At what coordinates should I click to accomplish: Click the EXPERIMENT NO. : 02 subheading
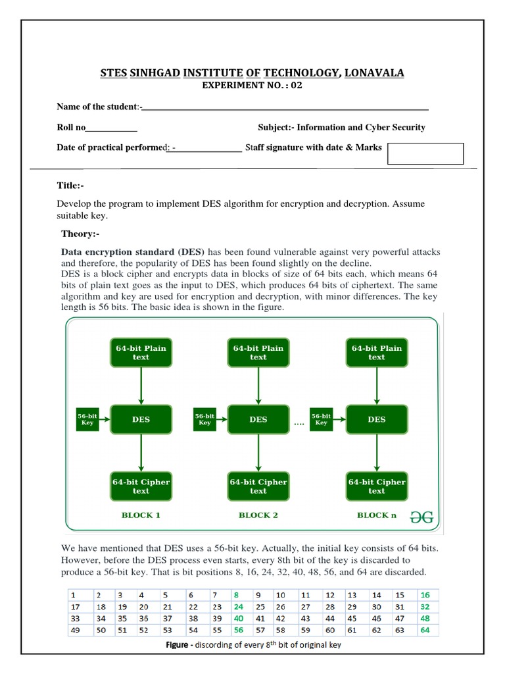coord(252,86)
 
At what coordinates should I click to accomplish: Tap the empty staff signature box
coord(425,153)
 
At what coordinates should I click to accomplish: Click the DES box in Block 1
coord(141,419)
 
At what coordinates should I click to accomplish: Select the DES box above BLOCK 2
coord(258,419)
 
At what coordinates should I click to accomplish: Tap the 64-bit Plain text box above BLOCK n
coord(376,353)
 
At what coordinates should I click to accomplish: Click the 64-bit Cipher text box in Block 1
coord(141,486)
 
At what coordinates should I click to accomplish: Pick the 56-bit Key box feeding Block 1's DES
coord(87,419)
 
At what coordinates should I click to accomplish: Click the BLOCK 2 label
coord(258,515)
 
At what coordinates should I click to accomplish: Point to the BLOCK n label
coord(377,515)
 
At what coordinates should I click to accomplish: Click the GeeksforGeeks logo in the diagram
coord(421,517)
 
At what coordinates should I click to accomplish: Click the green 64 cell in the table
coord(425,630)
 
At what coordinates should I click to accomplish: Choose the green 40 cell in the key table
coord(238,618)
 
